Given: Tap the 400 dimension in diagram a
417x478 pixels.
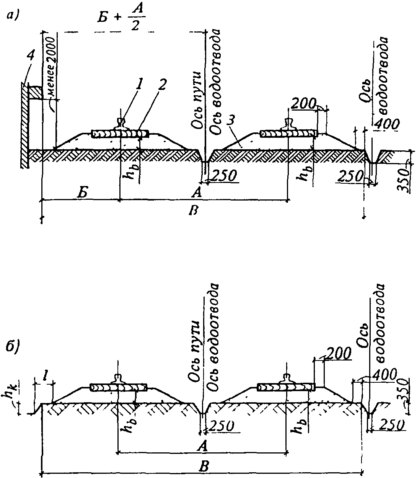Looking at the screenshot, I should pyautogui.click(x=387, y=124).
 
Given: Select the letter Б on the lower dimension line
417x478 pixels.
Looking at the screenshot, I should pyautogui.click(x=81, y=194).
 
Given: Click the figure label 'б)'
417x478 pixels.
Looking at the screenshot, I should pyautogui.click(x=15, y=348).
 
